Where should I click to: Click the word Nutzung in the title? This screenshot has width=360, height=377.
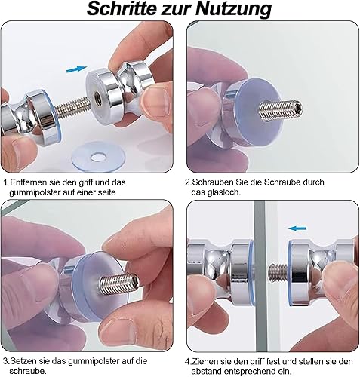tap(233, 9)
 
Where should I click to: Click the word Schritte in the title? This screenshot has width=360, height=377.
tap(121, 8)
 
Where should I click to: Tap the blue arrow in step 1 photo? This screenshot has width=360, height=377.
tap(76, 69)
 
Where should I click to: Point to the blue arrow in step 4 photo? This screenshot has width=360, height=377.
tap(297, 228)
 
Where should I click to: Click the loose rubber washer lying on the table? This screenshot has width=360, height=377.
tap(97, 158)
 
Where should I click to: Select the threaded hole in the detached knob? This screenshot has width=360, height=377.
tap(98, 95)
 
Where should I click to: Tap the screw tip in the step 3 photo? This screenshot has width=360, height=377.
tap(134, 280)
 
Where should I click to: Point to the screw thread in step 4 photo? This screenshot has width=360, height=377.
tap(278, 272)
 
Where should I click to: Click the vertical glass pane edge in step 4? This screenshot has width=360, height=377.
tap(259, 276)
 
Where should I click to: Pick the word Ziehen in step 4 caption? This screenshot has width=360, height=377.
tap(205, 362)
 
